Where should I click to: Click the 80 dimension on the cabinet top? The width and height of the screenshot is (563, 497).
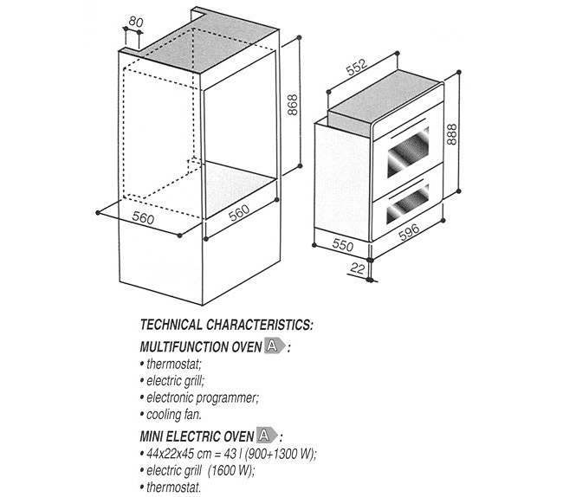coord(136,23)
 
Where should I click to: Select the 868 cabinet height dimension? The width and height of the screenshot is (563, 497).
coord(293,105)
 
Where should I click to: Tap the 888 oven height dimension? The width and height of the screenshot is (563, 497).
coord(451,134)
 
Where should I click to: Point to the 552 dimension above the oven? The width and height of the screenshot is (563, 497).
coord(358,68)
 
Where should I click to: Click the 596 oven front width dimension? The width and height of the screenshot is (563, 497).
coord(409,232)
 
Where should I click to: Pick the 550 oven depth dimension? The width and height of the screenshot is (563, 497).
coord(342,244)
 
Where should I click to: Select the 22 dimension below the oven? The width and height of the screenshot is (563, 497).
coord(357,268)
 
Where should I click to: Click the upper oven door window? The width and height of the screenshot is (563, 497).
coord(408,152)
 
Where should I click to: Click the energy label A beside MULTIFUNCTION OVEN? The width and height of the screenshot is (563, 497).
coord(275,346)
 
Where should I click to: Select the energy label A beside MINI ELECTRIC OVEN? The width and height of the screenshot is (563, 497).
coord(267,436)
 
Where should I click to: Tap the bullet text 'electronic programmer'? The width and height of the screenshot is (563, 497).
coord(202,398)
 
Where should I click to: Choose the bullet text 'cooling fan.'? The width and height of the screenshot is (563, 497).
coord(174,415)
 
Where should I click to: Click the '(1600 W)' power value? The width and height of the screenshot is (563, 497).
coord(231,470)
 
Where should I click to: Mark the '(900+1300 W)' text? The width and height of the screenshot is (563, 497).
coord(280,454)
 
